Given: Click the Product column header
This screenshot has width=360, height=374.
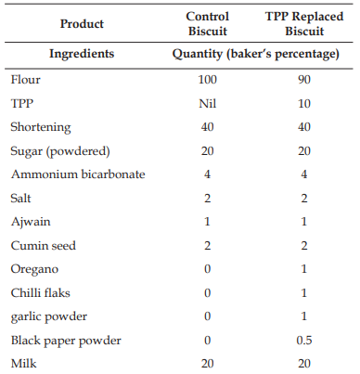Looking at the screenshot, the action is tap(82, 24).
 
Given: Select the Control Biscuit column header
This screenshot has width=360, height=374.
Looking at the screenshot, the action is tap(208, 24).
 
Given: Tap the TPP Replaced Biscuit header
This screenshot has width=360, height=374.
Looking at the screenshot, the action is tap(304, 24).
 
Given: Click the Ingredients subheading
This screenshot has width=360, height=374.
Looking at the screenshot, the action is tap(82, 54).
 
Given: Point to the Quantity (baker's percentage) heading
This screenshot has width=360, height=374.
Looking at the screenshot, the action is tap(256, 54).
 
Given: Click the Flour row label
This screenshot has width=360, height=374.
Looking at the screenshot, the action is tap(25, 80).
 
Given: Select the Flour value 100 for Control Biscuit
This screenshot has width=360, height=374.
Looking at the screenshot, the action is tap(207, 80).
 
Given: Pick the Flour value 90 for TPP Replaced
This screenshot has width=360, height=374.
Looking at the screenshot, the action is tap(304, 80).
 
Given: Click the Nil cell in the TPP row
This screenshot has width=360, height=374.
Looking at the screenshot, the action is tap(207, 103).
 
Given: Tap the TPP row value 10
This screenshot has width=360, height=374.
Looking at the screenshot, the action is tap(304, 103).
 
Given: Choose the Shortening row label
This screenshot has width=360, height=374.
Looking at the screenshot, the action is tap(41, 127).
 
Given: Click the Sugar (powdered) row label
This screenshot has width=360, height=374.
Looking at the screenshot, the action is tap(60, 151).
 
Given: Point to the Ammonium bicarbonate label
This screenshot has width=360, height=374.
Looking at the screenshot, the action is tap(78, 174).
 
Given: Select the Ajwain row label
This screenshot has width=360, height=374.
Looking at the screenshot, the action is tap(31, 222).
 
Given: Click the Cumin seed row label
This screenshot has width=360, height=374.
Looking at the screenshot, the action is tap(44, 246).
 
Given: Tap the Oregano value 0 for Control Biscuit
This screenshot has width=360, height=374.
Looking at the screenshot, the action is tap(207, 269).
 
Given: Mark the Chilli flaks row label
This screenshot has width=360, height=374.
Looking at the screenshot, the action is tap(41, 292).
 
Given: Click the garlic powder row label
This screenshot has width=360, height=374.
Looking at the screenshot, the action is tap(49, 316).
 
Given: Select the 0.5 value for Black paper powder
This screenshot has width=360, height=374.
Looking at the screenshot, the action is tap(304, 341).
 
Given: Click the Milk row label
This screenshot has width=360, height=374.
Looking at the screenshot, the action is tap(23, 364).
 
